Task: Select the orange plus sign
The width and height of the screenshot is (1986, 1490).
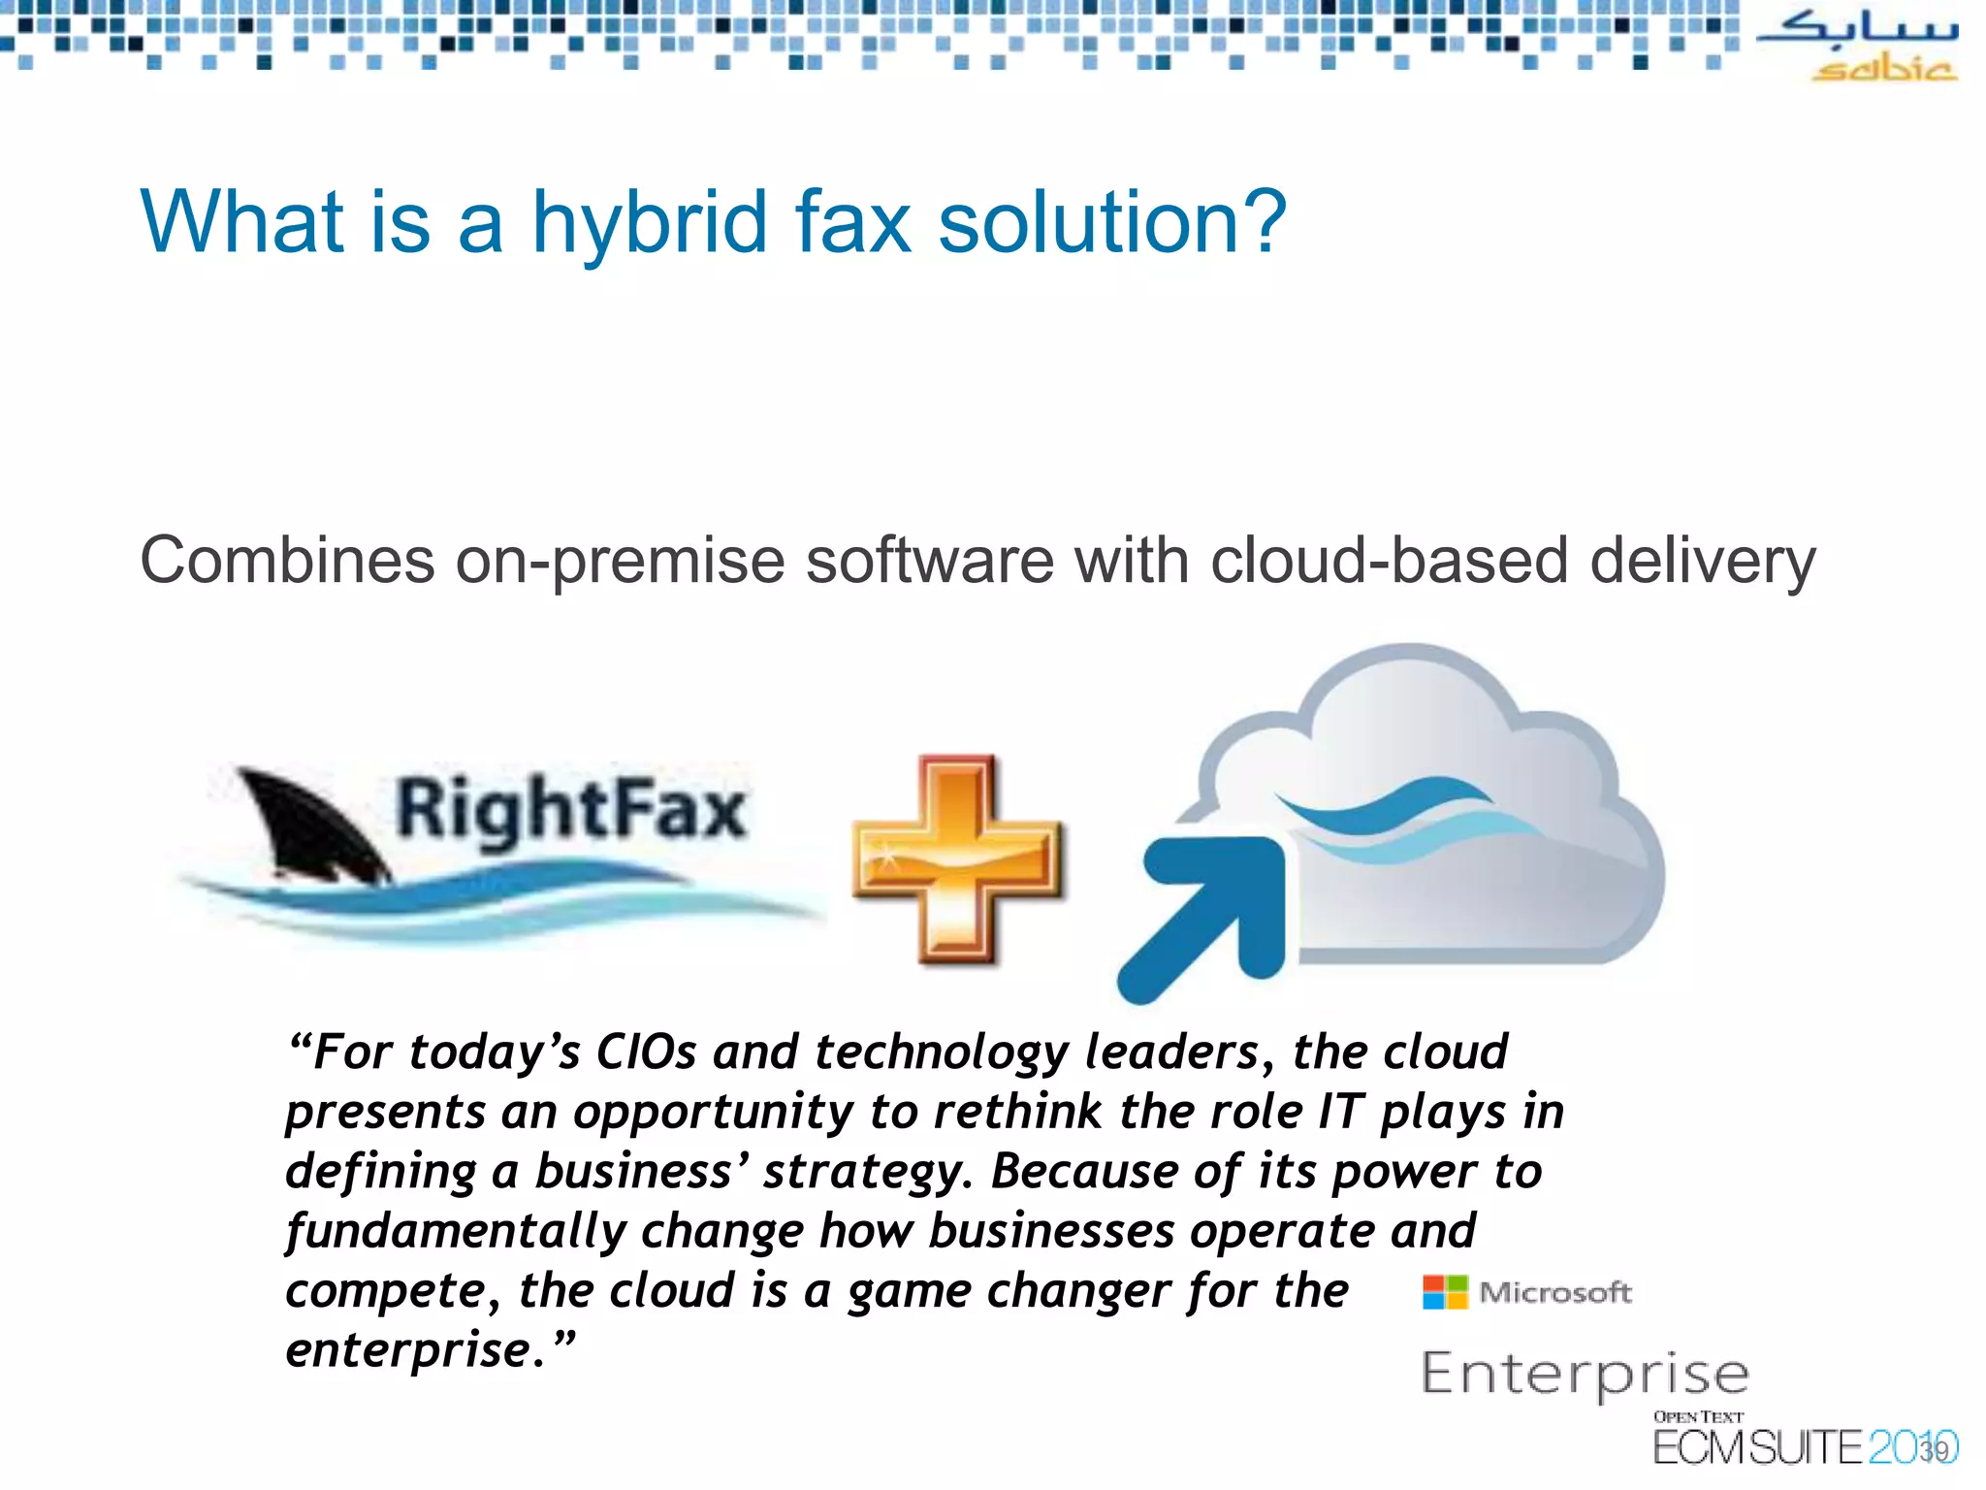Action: pos(957,858)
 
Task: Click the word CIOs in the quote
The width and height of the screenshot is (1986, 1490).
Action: pos(645,1053)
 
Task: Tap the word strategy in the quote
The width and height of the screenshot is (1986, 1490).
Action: pos(866,1172)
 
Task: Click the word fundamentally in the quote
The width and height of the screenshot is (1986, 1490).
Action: pos(456,1232)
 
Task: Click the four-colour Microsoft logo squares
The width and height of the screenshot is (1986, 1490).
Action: pos(1444,1292)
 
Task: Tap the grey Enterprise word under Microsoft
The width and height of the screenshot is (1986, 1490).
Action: pos(1585,1375)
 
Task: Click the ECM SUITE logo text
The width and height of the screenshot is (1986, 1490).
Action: pos(1757,1447)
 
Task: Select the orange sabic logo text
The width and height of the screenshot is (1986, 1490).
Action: pos(1883,70)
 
